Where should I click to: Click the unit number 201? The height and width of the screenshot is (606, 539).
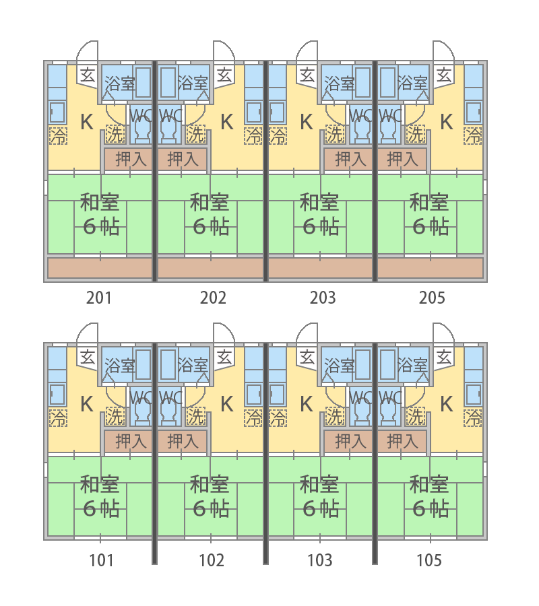(99, 298)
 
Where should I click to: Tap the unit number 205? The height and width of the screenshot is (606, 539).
(432, 298)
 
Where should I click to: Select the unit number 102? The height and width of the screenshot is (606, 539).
(212, 560)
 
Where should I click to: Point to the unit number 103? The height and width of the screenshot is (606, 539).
(320, 560)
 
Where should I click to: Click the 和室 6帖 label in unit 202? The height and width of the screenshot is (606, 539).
(210, 215)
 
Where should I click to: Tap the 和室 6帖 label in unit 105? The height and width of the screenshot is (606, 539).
(430, 497)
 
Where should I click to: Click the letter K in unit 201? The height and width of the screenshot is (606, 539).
(87, 122)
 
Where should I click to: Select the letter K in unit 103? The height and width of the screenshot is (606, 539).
(307, 404)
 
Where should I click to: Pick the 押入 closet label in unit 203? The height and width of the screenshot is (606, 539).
(350, 159)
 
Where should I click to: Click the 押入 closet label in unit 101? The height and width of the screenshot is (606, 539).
(131, 441)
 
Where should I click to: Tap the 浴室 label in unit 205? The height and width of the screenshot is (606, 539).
(412, 83)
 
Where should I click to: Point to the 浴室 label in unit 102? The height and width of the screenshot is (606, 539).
(193, 365)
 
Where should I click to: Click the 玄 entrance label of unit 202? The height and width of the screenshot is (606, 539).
(224, 75)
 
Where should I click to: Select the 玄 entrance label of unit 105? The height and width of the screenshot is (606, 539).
(444, 358)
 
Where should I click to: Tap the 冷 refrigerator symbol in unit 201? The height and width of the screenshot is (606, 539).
(59, 135)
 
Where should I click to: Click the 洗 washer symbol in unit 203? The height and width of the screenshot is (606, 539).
(335, 134)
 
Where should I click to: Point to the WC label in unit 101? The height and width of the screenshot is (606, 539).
(140, 398)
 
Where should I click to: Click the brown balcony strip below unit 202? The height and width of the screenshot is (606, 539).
(211, 268)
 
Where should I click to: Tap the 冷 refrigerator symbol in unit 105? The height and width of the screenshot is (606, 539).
(473, 417)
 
